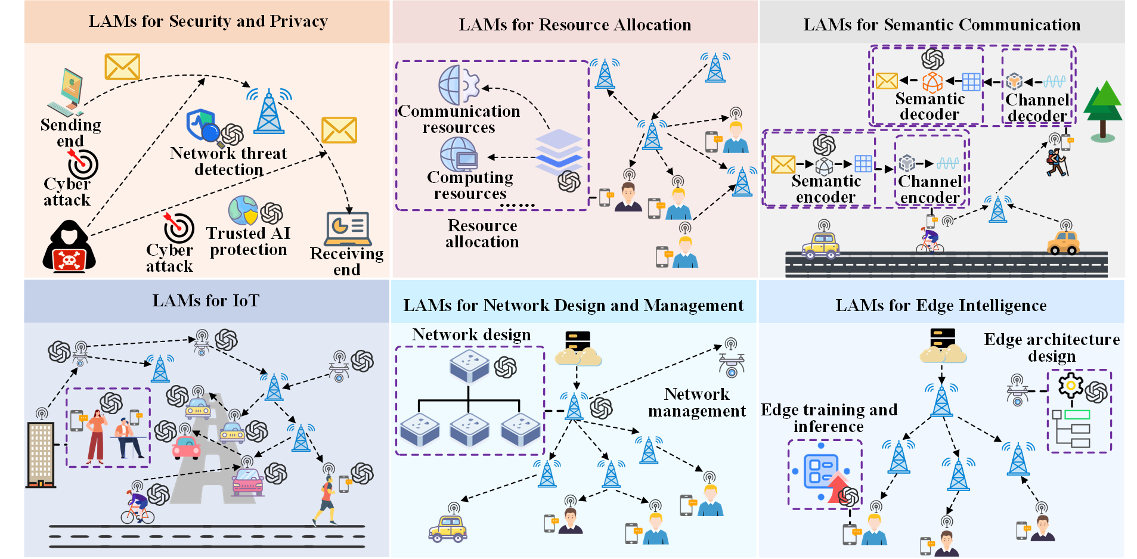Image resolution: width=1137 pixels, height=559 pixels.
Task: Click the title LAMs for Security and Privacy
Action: click(208, 21)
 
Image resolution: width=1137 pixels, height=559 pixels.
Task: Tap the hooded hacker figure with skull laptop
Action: click(69, 246)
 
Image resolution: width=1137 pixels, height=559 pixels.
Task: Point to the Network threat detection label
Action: click(228, 162)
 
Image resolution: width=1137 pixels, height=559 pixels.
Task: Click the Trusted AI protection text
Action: click(249, 241)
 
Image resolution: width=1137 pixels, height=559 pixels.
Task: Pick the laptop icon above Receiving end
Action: click(348, 229)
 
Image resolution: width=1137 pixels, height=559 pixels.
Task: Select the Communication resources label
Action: click(459, 119)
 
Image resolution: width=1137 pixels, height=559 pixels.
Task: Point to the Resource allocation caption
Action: click(482, 234)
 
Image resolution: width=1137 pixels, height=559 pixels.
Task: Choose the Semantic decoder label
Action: click(930, 106)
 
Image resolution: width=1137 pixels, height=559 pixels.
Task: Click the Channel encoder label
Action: click(930, 189)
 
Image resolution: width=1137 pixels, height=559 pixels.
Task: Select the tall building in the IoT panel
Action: click(41, 455)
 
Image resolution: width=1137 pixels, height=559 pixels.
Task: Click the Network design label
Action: click(471, 335)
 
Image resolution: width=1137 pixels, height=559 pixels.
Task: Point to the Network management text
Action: click(697, 402)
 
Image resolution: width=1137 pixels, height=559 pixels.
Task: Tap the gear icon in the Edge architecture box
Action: click(1071, 385)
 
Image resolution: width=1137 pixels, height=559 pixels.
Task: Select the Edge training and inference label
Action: click(829, 418)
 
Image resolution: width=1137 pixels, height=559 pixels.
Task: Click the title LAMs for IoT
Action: click(206, 300)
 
